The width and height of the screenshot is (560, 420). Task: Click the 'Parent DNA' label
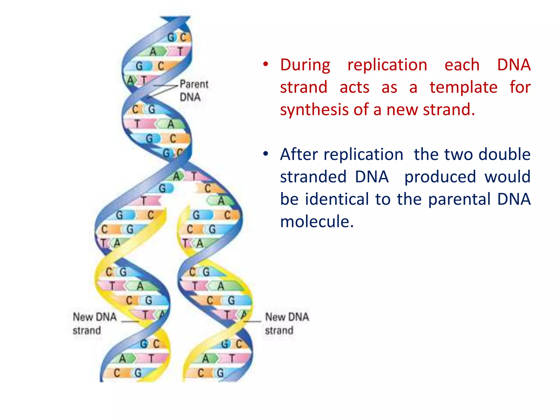click(194, 91)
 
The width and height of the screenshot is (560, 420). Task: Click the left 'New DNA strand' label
click(94, 323)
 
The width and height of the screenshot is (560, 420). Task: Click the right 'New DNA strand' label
click(287, 323)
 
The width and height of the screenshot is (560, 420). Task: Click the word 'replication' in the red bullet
click(387, 65)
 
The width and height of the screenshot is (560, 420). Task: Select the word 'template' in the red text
click(463, 87)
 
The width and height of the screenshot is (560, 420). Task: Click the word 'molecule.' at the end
click(317, 221)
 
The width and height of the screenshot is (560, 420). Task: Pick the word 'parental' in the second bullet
click(459, 199)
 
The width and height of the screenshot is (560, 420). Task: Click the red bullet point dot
click(265, 65)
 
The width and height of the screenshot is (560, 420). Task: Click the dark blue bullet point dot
click(265, 154)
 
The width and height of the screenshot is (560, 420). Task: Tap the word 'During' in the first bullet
click(305, 65)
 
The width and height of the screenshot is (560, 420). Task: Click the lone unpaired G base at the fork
click(163, 188)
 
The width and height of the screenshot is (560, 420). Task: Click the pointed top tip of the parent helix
click(175, 18)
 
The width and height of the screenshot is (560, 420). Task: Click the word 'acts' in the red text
click(354, 87)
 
